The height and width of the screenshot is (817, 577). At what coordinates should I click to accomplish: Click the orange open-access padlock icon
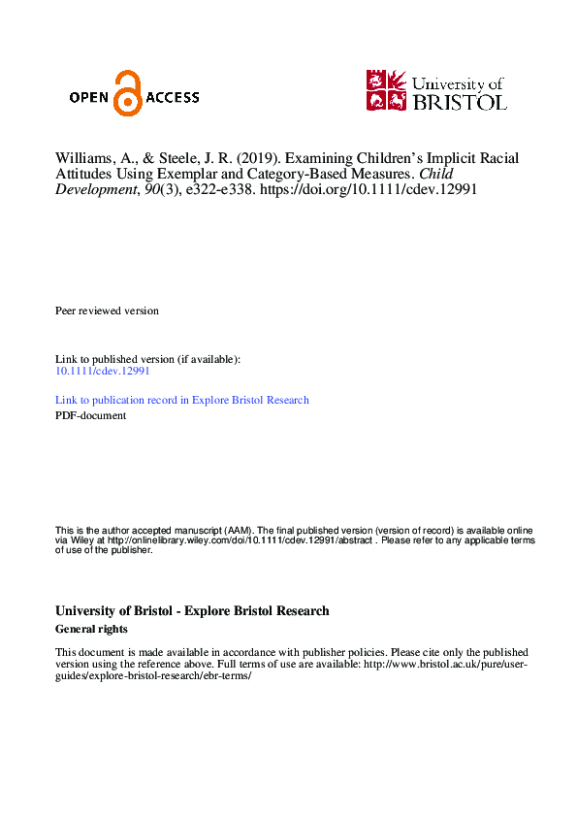coord(126,93)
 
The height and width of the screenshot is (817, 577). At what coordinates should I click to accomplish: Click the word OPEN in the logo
coord(90,97)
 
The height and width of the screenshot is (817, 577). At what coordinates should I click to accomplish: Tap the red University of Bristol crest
coord(386,89)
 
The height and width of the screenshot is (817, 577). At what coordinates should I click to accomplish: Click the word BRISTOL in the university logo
coord(459,101)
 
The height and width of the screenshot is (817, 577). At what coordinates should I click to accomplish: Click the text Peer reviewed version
coord(107,310)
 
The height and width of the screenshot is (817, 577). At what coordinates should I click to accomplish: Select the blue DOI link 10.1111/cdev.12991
coord(102,371)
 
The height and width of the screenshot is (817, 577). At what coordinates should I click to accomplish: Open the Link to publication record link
coord(182,400)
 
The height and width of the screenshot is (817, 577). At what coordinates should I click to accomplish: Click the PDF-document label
coord(90,415)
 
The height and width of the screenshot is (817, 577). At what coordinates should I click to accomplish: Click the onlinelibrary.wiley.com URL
coord(225,540)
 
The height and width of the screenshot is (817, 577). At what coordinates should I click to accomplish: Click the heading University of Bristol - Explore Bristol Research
coord(192,611)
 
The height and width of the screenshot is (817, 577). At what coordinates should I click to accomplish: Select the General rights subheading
coord(92,629)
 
